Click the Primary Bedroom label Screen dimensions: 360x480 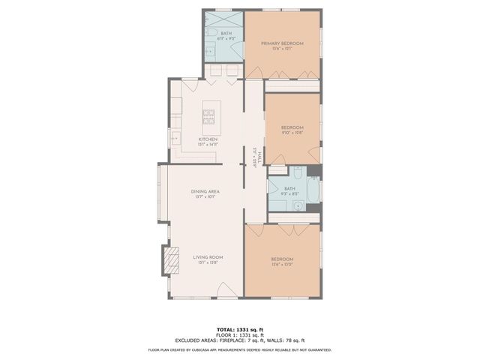tap(282, 43)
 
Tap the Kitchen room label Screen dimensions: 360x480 tap(208, 139)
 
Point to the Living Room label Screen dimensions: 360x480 tap(207, 259)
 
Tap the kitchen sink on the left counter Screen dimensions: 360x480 tap(175, 137)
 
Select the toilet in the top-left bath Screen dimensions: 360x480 tap(211, 35)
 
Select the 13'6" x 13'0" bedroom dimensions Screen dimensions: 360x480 tap(282, 264)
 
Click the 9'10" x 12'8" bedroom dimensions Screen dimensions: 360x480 tap(292, 132)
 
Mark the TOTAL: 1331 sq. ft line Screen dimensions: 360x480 tap(239, 329)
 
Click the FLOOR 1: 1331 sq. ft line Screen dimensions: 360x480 tap(239, 334)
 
